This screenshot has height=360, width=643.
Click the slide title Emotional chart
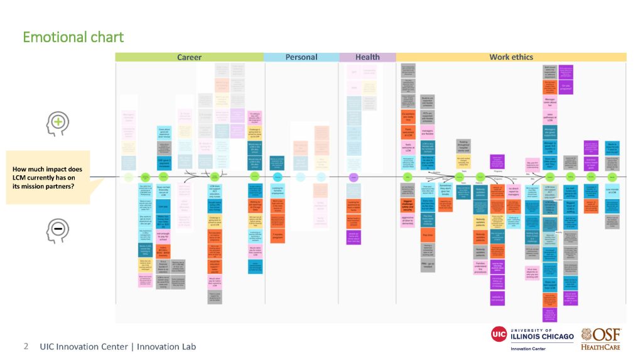pos(73,37)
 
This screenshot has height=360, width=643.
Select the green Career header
pos(189,57)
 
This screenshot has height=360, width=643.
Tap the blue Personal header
pos(301,57)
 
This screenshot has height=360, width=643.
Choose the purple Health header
pos(367,57)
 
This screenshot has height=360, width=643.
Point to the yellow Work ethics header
pos(511,57)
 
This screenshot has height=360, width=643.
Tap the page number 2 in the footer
pos(26,346)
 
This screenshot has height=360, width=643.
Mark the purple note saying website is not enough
pos(497,298)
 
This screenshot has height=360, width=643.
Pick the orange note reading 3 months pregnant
pos(278,234)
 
